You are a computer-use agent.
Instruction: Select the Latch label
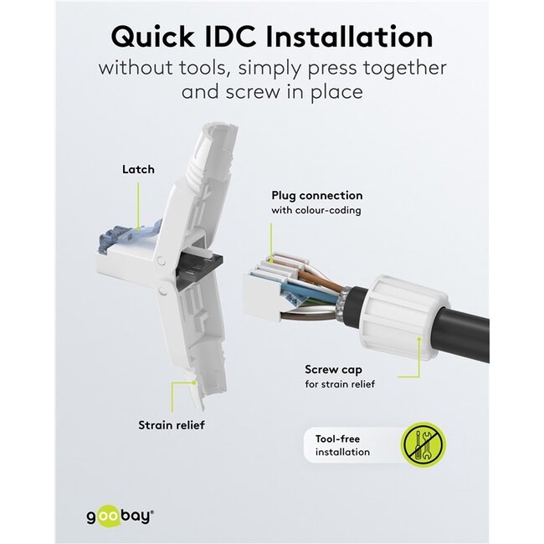(x=138, y=169)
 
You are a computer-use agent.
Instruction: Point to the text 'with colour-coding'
(x=316, y=210)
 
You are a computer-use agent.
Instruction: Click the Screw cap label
(x=333, y=369)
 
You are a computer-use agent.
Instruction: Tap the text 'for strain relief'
(x=340, y=384)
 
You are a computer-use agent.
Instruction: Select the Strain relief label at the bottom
(x=171, y=425)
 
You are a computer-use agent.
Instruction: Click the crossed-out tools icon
(x=423, y=444)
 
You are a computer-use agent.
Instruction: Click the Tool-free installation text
(x=341, y=445)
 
